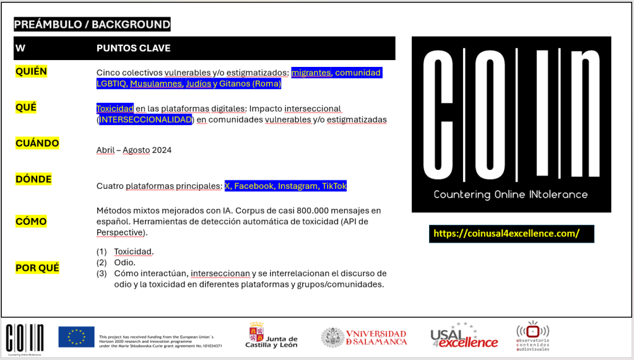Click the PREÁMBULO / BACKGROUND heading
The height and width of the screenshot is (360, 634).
click(92, 25)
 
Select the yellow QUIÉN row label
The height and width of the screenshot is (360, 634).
click(31, 71)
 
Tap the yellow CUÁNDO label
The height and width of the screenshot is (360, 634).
click(37, 143)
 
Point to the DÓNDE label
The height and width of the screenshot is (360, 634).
click(33, 179)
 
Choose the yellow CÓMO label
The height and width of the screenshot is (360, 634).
click(30, 221)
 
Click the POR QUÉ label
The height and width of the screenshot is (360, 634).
click(37, 268)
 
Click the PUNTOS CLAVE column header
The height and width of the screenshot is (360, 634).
click(133, 48)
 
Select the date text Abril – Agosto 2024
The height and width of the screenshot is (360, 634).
click(134, 150)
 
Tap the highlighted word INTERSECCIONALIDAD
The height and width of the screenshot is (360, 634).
click(146, 120)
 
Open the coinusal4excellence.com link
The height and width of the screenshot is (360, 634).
click(506, 234)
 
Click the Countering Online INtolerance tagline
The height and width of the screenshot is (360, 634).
click(511, 194)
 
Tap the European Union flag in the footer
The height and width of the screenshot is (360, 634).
click(76, 336)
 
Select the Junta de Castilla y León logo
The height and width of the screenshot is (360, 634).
click(273, 336)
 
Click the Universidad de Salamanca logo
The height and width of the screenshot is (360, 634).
click(364, 337)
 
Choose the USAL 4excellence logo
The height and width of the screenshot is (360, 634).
click(464, 336)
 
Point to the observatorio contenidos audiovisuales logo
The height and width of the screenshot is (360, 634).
click(533, 336)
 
